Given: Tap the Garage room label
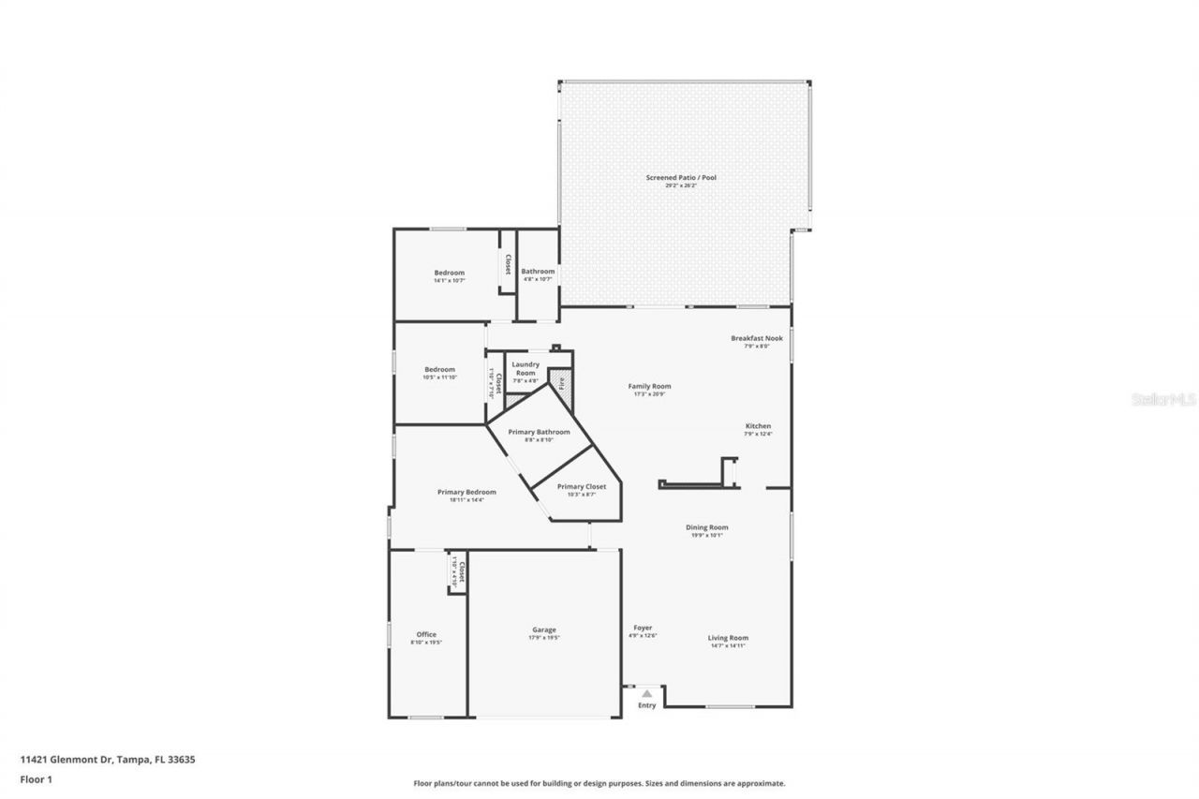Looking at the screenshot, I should coord(543,629).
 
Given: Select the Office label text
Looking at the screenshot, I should coord(426,634).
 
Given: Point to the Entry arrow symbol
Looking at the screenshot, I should coord(646,693).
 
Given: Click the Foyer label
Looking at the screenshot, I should coord(643,628).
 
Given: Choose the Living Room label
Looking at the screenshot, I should coord(728,638).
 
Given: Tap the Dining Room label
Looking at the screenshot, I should coord(706,527).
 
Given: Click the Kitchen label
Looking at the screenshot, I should coord(758,426).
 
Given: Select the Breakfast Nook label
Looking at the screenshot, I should coord(756,338).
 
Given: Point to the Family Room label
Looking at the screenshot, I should coord(649,386).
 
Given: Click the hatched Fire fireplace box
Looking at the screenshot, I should coord(560,381).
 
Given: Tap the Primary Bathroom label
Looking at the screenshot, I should coord(539,432).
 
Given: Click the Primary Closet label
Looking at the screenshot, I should coord(581,486).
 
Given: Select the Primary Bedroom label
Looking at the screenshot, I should coord(466,492).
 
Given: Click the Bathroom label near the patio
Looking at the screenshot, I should coord(538,272).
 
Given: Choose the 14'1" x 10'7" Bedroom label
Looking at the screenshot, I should coord(449,273).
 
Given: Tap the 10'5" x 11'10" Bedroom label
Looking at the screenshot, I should coord(439,369).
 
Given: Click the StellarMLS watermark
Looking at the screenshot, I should coord(1163,398).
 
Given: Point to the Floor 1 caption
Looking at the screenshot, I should coord(36,777).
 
